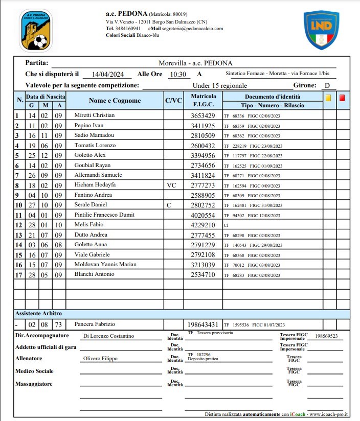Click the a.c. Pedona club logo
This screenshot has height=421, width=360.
click(35, 30)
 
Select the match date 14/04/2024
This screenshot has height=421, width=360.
click(104, 74)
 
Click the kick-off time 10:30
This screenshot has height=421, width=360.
click(178, 74)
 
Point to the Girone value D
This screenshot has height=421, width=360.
click(327, 86)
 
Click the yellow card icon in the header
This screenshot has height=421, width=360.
click(328, 97)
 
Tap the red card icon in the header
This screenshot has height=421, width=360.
click(342, 97)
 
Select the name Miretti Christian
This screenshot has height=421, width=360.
click(95, 115)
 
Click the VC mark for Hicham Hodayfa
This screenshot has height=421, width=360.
click(171, 185)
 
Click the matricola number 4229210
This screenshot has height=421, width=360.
click(203, 225)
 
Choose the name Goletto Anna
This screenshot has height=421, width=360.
click(91, 245)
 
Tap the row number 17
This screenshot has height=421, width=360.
click(18, 275)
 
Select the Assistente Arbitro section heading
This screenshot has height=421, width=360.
click(42, 313)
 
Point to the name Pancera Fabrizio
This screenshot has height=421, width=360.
click(95, 324)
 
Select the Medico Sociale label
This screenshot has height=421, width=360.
click(34, 371)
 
